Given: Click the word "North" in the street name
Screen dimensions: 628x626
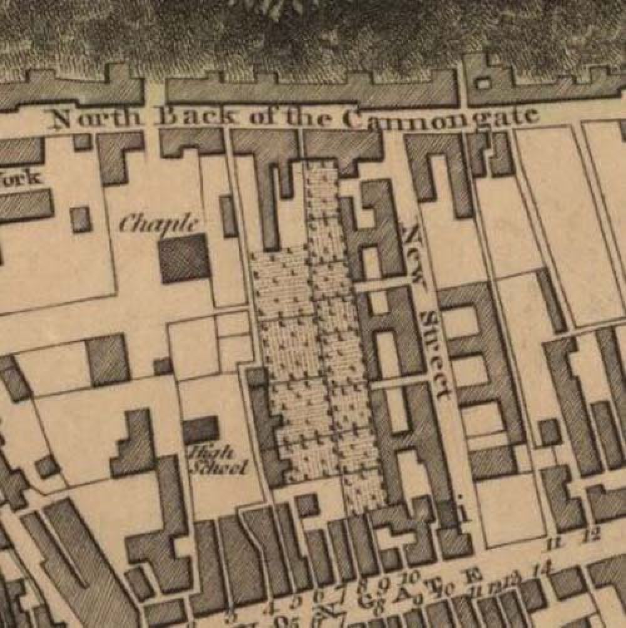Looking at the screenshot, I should click(x=91, y=117).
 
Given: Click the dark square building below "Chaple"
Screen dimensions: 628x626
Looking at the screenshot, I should click(x=184, y=258).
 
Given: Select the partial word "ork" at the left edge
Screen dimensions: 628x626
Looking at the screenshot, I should click(x=21, y=178).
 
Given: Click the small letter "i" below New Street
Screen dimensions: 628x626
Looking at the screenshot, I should click(x=463, y=513).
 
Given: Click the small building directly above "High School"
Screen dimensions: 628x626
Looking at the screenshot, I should click(x=200, y=430).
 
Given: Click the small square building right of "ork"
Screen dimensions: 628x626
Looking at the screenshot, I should click(x=81, y=219).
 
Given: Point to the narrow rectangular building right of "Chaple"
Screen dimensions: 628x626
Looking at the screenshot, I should click(x=228, y=216).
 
